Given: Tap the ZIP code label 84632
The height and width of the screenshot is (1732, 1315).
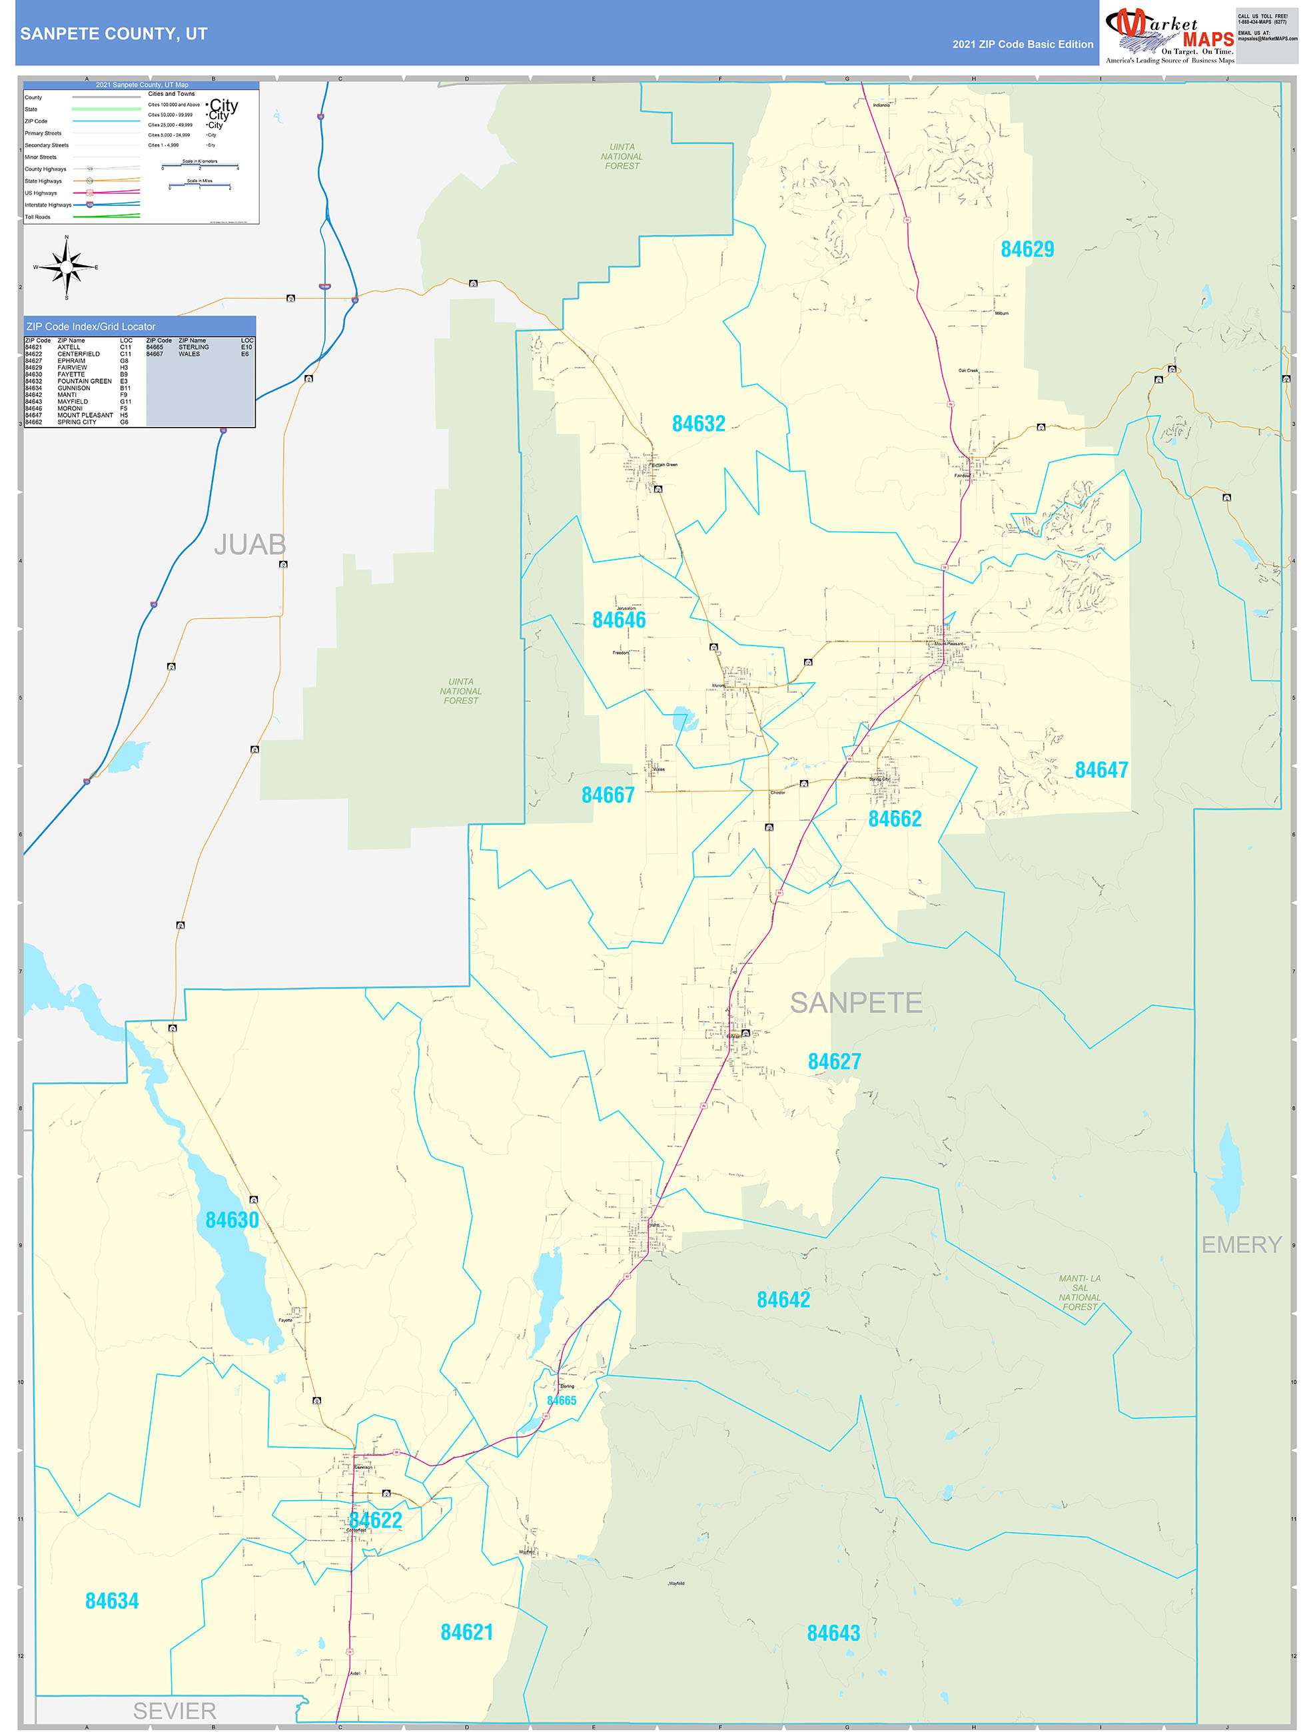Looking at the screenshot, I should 699,424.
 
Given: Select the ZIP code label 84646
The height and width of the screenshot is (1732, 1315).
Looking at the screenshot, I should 619,620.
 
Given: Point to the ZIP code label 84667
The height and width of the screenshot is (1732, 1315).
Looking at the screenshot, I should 608,795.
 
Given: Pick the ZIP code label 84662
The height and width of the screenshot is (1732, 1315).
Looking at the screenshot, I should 895,819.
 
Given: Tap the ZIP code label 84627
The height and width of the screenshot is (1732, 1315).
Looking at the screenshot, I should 834,1062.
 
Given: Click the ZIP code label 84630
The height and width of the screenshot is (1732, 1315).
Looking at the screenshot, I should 232,1220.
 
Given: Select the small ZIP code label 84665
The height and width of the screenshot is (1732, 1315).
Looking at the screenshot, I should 562,1401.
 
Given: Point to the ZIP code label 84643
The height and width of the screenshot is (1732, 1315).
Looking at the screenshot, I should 833,1627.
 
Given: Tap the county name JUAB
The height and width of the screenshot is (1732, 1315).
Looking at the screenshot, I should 250,544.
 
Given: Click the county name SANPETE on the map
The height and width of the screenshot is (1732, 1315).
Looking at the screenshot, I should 855,1003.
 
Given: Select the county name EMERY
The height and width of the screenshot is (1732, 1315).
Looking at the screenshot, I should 1241,1244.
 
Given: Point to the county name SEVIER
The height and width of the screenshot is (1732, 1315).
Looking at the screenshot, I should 174,1711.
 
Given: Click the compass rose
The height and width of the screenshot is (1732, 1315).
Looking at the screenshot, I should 67,268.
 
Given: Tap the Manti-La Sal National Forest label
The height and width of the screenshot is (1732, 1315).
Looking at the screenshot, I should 1079,1293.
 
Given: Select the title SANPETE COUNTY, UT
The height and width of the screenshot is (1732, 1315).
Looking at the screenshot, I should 113,34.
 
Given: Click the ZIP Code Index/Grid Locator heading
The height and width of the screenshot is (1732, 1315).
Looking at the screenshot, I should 91,326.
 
